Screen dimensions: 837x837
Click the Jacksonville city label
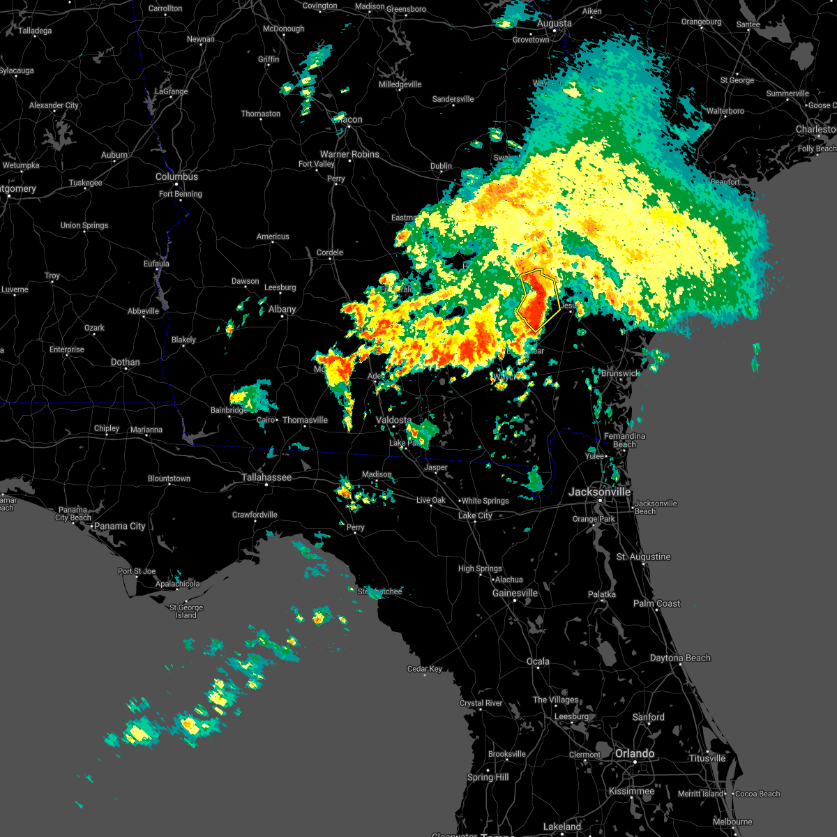click(599, 492)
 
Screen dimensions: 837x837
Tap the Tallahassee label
click(266, 478)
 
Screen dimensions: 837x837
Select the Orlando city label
click(634, 754)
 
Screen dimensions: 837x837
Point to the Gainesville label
click(515, 594)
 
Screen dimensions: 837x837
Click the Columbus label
click(176, 177)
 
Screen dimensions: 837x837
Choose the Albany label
click(282, 310)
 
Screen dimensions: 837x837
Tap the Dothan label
click(125, 363)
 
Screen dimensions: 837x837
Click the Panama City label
click(119, 526)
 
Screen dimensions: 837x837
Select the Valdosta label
click(393, 420)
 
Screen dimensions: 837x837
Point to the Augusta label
click(554, 24)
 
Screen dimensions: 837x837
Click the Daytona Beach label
click(680, 658)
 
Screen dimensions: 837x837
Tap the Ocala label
click(538, 661)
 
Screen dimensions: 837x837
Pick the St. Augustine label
click(643, 557)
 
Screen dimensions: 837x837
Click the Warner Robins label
click(349, 154)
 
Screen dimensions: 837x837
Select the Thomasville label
click(305, 420)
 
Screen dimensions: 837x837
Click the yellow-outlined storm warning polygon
click(537, 300)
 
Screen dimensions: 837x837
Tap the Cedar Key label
click(424, 669)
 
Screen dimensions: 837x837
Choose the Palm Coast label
click(658, 603)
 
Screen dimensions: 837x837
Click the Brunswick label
click(619, 374)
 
